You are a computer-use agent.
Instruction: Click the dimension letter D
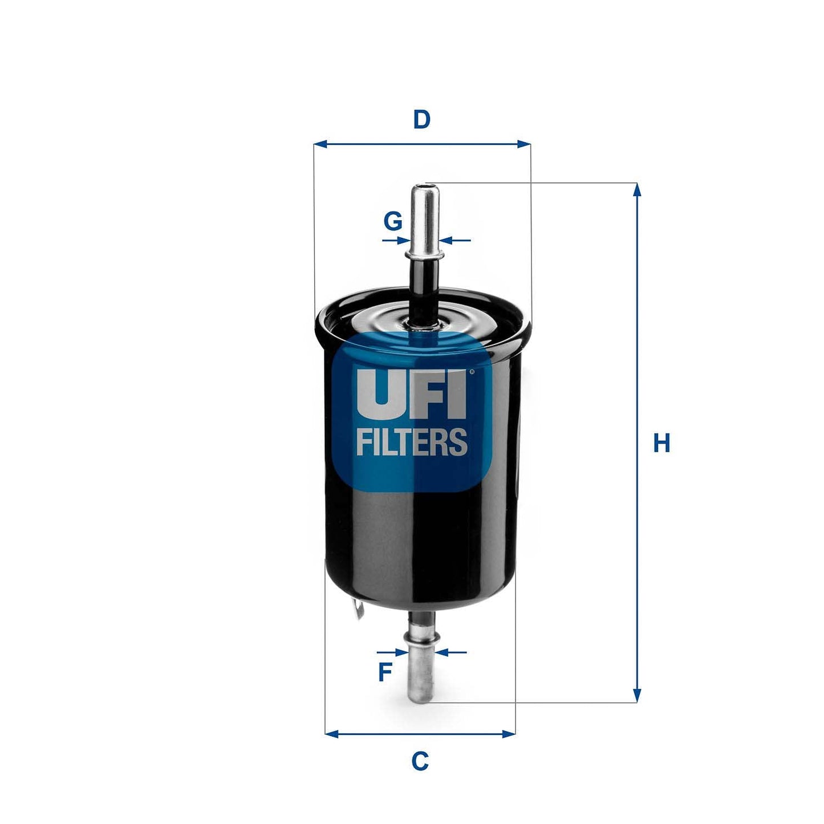click(x=421, y=120)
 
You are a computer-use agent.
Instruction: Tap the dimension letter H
click(x=661, y=443)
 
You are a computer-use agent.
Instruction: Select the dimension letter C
click(x=420, y=761)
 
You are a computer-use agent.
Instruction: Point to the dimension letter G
click(x=393, y=221)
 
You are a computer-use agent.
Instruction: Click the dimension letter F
click(x=385, y=672)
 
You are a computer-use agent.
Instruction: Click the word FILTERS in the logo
click(x=412, y=442)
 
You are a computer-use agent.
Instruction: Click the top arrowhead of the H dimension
click(x=637, y=190)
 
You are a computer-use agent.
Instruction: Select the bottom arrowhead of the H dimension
click(x=637, y=696)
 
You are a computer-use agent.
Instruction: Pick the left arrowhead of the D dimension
click(x=321, y=144)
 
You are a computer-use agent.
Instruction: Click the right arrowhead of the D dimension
click(x=523, y=144)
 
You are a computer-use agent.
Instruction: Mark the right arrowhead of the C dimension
click(x=509, y=734)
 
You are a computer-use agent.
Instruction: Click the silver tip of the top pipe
click(x=425, y=197)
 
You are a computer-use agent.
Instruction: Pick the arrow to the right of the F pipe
click(x=450, y=652)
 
